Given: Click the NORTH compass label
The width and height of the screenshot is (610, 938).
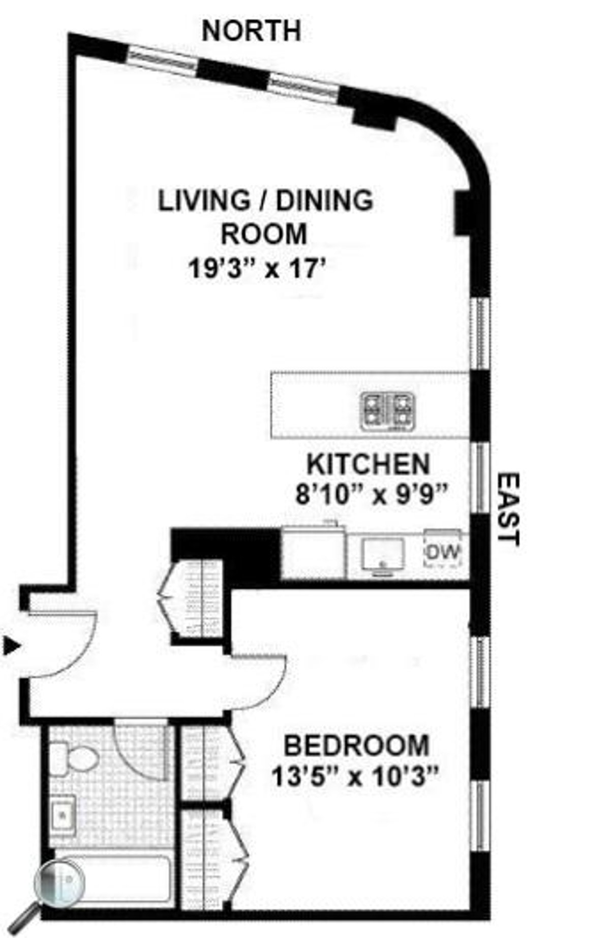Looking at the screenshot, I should coord(251,31).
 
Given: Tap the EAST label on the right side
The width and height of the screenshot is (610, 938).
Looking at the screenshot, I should coord(507,509).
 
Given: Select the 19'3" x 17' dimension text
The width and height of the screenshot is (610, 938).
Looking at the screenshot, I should coord(257,268).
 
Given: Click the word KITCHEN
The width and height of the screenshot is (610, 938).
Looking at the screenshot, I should coord(369,464).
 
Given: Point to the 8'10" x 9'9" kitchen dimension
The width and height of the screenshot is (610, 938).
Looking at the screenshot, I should coord(373,494).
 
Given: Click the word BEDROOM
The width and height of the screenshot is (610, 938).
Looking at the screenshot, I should coord(356,746).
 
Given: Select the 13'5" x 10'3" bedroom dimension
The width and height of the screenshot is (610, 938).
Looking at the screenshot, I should coord(355,777).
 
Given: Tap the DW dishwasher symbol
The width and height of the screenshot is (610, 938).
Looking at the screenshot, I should coord(443,551).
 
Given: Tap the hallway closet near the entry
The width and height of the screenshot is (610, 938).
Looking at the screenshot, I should coord(196,598).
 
